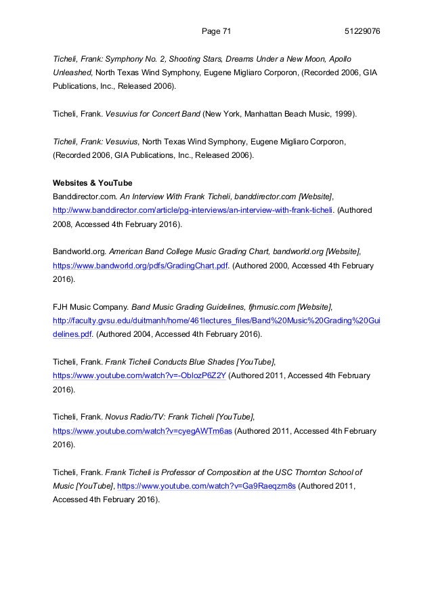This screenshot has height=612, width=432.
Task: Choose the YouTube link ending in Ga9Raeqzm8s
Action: coord(207,485)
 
